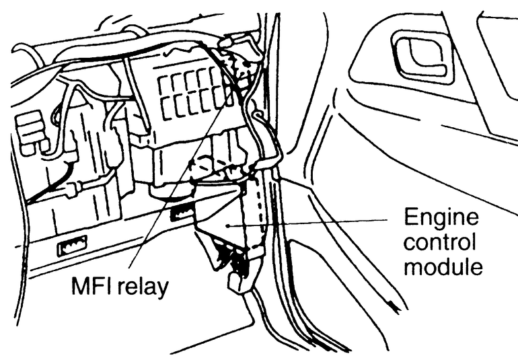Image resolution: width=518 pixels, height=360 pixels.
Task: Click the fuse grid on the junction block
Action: [x=192, y=92]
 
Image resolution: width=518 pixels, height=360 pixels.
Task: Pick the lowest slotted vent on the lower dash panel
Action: [x=71, y=246]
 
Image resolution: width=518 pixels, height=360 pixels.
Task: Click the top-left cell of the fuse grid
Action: [x=163, y=83]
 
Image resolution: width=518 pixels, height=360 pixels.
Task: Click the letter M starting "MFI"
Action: [x=80, y=289]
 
